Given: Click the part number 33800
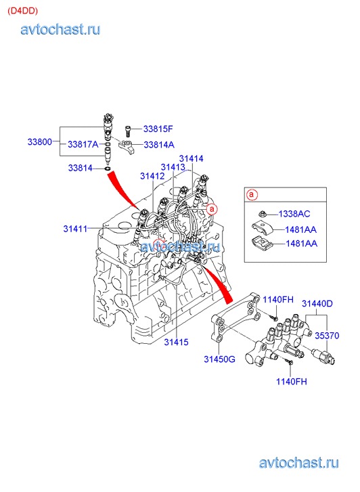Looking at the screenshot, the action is click(39, 142).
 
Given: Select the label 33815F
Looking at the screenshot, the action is click(158, 129).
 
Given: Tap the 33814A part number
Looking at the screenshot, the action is click(159, 145).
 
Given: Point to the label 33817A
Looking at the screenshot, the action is click(83, 144).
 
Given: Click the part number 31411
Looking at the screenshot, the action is click(75, 229).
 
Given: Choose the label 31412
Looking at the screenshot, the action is click(152, 176).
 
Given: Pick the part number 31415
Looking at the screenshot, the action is click(176, 342).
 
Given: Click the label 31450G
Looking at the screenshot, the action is click(219, 359).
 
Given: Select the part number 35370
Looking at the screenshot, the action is click(327, 336).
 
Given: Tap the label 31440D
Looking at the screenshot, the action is click(317, 303).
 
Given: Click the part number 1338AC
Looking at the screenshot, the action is click(294, 214).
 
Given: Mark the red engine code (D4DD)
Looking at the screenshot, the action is click(22, 11).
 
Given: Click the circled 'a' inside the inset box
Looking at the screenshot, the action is click(252, 194).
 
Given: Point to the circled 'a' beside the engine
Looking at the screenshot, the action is click(212, 208).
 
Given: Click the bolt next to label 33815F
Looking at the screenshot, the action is click(128, 130).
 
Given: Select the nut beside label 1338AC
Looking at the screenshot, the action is click(262, 215).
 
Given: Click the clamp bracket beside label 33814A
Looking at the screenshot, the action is click(126, 146).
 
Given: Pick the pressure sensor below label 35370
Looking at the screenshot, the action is click(323, 356).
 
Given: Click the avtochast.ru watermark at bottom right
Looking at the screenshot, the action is click(298, 463).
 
